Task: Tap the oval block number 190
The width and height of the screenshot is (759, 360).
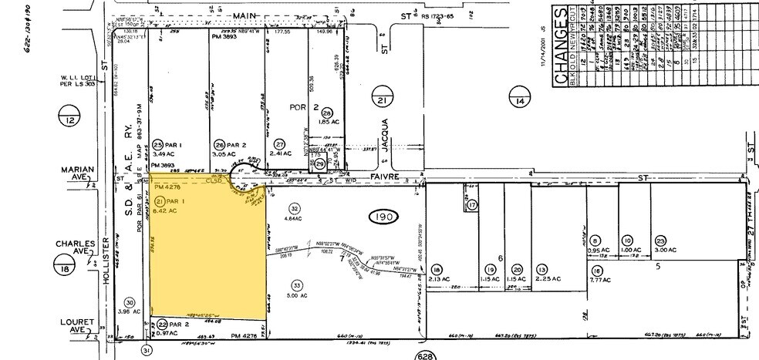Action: (x=384, y=217)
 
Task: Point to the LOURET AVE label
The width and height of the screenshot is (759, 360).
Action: (x=78, y=325)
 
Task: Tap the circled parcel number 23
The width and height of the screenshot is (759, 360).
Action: (x=660, y=241)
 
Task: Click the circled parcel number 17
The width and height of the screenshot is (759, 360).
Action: (x=473, y=205)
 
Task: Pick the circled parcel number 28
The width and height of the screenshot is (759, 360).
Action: (x=327, y=112)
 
